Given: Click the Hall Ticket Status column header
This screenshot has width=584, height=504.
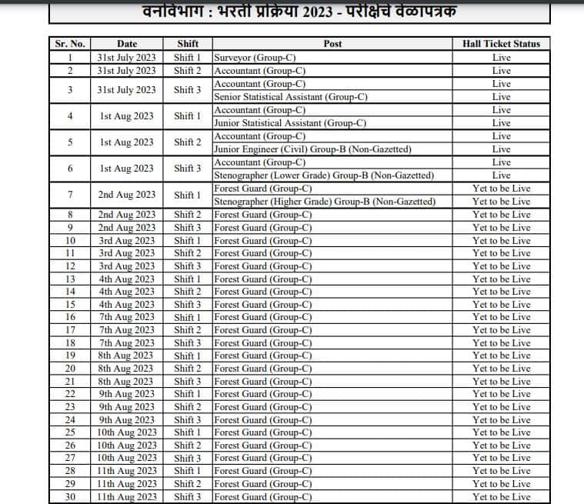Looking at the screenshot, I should (501, 44).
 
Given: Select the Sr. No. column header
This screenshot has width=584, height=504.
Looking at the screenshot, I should (70, 44).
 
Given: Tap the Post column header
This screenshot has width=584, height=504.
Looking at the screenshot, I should (332, 44).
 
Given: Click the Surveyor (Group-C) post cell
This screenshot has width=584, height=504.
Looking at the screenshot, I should (255, 58).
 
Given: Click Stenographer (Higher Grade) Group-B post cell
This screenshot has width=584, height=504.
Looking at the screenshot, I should (325, 202).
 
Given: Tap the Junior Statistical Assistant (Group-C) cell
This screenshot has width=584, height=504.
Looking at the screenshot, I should (290, 123).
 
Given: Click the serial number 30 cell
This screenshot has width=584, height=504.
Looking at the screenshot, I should (70, 497).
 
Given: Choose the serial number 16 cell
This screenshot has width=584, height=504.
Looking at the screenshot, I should (70, 317).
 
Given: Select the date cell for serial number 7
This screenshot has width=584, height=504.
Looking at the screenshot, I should (127, 195).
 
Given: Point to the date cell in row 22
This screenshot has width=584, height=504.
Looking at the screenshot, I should (127, 394).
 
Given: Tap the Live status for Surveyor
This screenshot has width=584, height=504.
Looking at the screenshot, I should (501, 58).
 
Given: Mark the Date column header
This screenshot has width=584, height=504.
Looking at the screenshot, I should (127, 44).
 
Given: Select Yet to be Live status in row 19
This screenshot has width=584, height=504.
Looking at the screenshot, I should (501, 355).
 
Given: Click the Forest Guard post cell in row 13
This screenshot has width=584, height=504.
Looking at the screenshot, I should (262, 279).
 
